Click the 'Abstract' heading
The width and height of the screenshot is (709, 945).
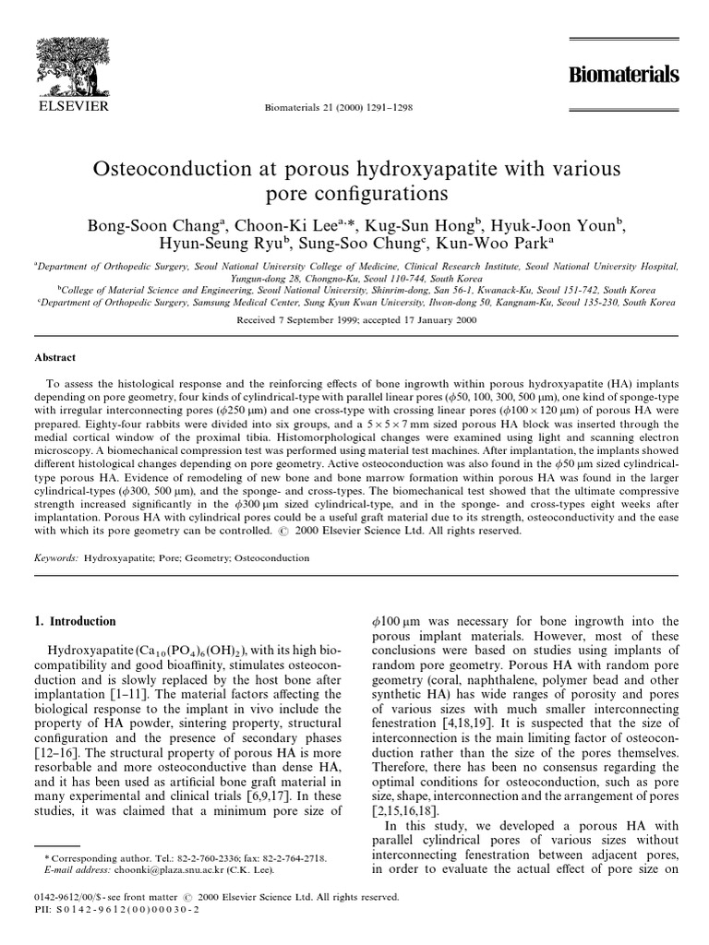[55, 358]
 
